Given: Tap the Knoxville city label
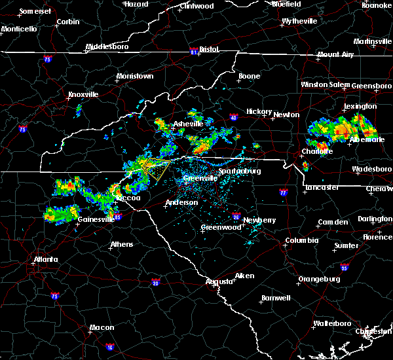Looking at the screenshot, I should coord(83,94).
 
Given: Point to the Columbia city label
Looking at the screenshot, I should coord(301,240).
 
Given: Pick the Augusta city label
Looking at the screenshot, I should coord(219,281).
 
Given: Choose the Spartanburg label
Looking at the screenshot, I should coord(239,171).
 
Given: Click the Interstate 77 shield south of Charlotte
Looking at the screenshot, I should coord(283,193).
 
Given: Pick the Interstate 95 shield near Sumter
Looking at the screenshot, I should coord(345,268).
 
